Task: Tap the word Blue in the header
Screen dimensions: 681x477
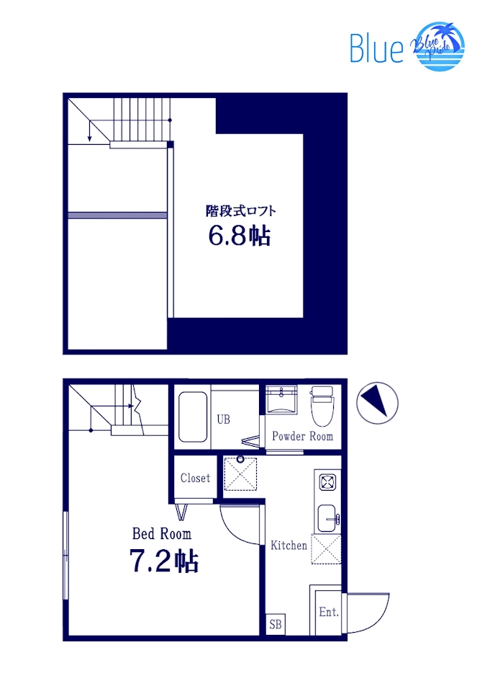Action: (376, 48)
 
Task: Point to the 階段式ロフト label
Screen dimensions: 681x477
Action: (241, 211)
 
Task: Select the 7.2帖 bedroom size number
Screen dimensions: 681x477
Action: (164, 560)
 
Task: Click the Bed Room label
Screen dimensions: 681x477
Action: (162, 534)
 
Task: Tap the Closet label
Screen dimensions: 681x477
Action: (195, 478)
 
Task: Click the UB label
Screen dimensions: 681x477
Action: (224, 419)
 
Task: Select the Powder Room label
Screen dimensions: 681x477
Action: (302, 437)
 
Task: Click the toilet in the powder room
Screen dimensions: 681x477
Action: (320, 406)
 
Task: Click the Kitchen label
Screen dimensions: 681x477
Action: (289, 546)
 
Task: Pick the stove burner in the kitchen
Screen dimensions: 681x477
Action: (327, 481)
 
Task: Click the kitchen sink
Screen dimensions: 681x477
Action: (327, 516)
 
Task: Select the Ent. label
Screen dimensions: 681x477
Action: (328, 613)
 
